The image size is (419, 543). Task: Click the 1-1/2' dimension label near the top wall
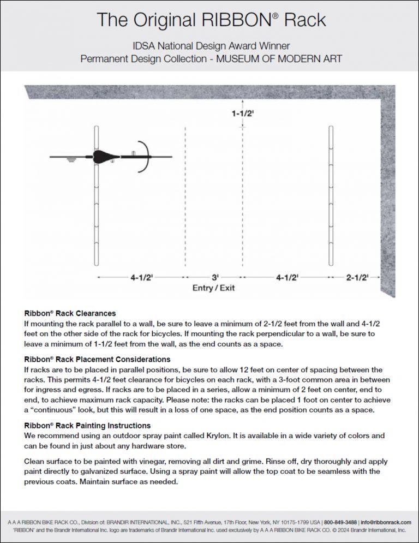point(242,114)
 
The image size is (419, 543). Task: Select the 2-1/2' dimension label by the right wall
point(357,277)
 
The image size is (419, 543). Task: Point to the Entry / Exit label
point(213,288)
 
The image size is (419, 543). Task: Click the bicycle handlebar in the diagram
point(145,157)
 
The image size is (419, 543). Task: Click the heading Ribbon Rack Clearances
point(70,314)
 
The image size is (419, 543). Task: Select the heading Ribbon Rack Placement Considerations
point(97,359)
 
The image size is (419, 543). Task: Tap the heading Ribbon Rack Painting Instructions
point(87,425)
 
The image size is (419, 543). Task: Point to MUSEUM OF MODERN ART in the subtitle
point(279,58)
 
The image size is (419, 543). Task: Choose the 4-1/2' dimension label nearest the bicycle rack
point(141,277)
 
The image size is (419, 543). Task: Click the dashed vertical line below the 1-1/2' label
point(242,196)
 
